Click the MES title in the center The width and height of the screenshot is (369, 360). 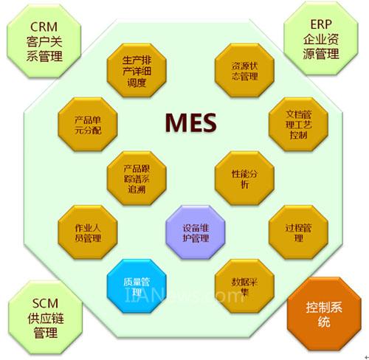coord(191,122)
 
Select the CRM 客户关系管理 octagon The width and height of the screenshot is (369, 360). coord(44,41)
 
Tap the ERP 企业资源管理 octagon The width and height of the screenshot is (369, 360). coord(321,38)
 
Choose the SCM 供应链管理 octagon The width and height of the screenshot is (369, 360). coord(45,317)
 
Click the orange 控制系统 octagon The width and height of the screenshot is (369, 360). coord(324,314)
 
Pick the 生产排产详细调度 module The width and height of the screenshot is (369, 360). coord(137,71)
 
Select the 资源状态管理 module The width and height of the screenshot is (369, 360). coord(244,71)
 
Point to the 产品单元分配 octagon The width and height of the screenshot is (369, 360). coord(88,125)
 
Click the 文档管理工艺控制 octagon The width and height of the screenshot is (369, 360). coord(298,125)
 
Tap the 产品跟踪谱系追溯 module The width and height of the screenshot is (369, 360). coord(137,179)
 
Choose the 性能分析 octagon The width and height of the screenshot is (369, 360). coord(244,179)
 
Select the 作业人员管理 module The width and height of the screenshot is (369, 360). coord(88,232)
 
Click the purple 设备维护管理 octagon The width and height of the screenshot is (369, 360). coord(196,232)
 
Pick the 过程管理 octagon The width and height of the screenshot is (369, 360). coord(298,232)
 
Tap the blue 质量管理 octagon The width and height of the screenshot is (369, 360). coord(137,286)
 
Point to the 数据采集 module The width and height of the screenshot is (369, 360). coord(244,286)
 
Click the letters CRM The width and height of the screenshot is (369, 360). coord(44,27)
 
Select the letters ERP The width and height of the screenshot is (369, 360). coord(321,24)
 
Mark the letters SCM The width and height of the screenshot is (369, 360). coord(45,303)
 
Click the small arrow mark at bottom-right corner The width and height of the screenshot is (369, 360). coord(367,357)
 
